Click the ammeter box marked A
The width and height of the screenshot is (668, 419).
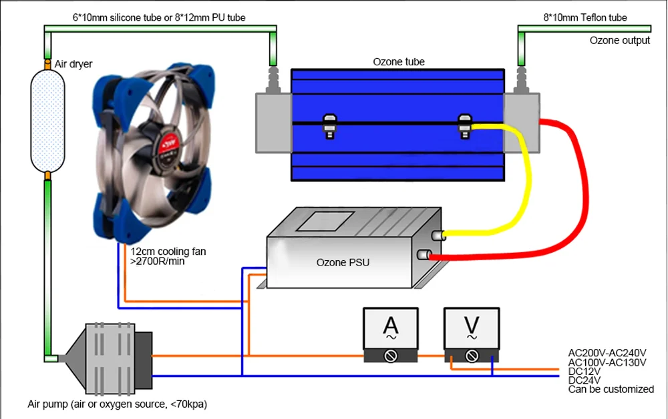391,335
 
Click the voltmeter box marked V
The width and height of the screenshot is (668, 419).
472,335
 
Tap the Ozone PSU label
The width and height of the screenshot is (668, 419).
343,262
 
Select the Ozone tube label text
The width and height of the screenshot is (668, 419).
399,61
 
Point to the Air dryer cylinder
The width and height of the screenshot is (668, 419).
47,121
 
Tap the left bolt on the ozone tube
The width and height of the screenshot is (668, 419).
330,126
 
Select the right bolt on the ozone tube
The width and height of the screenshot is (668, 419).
464,126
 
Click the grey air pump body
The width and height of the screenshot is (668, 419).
110,358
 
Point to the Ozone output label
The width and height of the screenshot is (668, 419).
620,41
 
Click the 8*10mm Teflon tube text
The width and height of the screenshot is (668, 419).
585,17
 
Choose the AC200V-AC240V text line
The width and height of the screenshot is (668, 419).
607,353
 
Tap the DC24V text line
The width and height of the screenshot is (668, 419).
584,380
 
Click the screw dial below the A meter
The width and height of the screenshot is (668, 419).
391,356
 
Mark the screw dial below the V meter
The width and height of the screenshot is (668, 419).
472,356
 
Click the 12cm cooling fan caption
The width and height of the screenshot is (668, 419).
168,256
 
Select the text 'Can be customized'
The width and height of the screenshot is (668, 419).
611,389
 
